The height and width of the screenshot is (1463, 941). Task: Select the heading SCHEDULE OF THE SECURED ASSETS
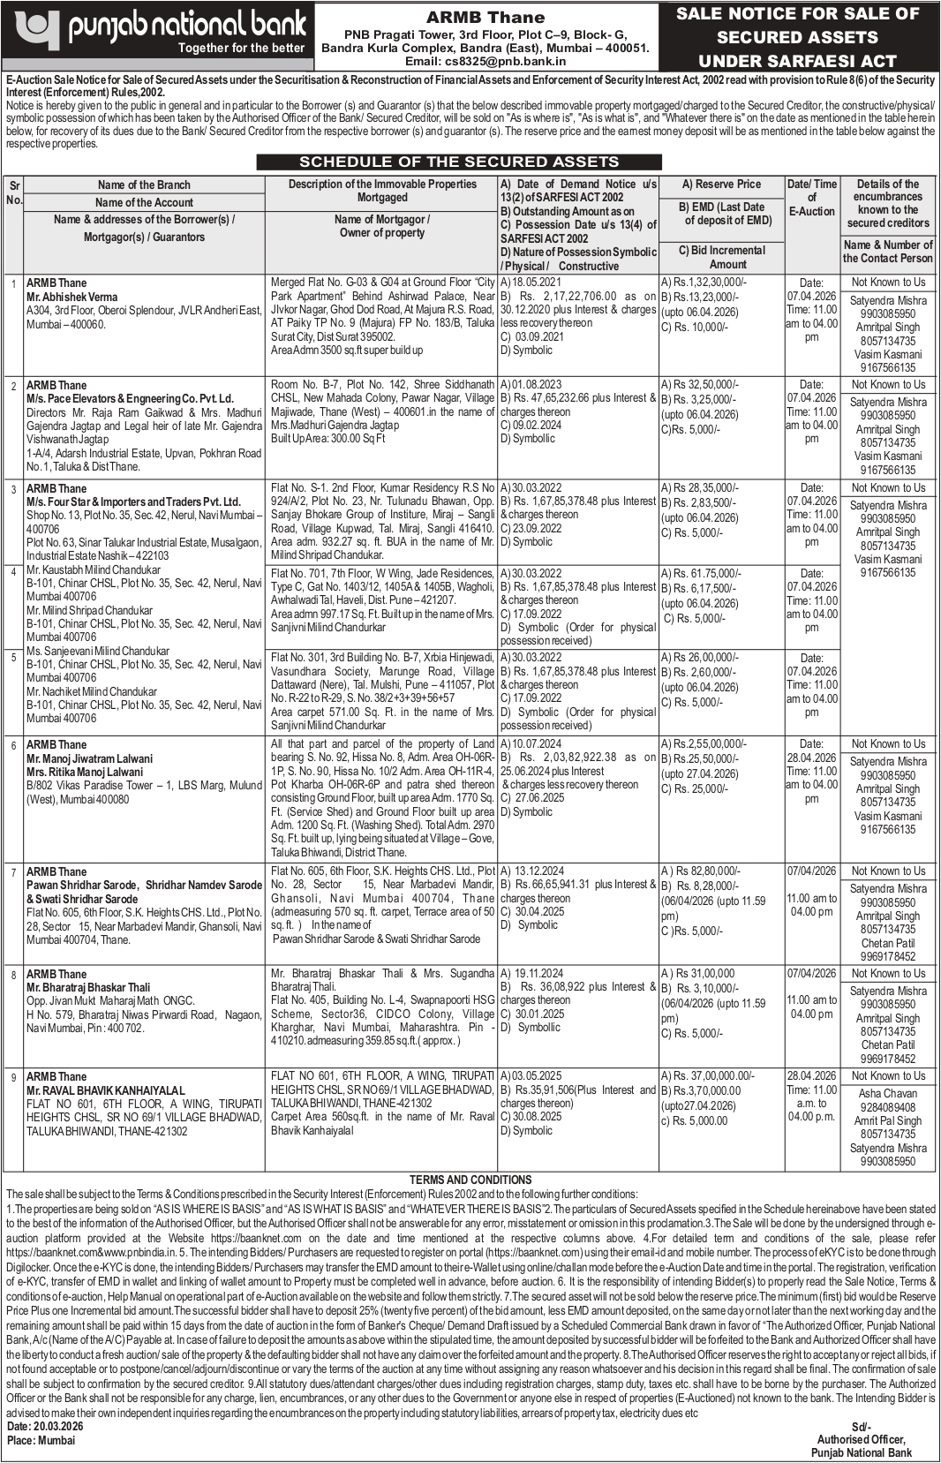click(459, 162)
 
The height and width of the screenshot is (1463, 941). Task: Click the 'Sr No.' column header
click(14, 192)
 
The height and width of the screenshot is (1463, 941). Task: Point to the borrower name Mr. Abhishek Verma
click(72, 297)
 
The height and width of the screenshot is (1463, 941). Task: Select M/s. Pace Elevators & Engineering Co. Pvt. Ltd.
click(130, 399)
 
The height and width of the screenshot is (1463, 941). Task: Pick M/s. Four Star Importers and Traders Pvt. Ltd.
click(133, 501)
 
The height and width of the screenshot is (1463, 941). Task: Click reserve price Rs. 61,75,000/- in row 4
click(705, 574)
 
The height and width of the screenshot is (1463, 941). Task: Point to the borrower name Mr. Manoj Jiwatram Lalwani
click(89, 758)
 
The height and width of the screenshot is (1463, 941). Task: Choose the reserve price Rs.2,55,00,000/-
click(704, 744)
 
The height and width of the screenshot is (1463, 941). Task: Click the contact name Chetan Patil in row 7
click(888, 943)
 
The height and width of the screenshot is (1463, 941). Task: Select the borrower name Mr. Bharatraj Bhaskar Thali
click(88, 987)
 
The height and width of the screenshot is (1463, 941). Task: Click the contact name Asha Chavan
click(888, 1094)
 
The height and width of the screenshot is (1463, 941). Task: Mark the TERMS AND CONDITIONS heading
click(470, 1180)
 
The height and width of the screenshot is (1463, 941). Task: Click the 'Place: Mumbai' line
click(41, 1440)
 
